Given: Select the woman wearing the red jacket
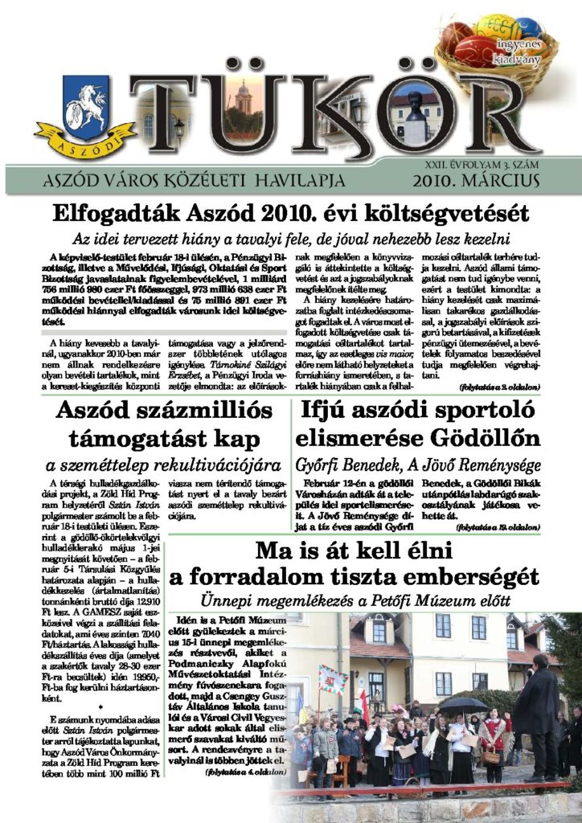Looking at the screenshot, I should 493,735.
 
